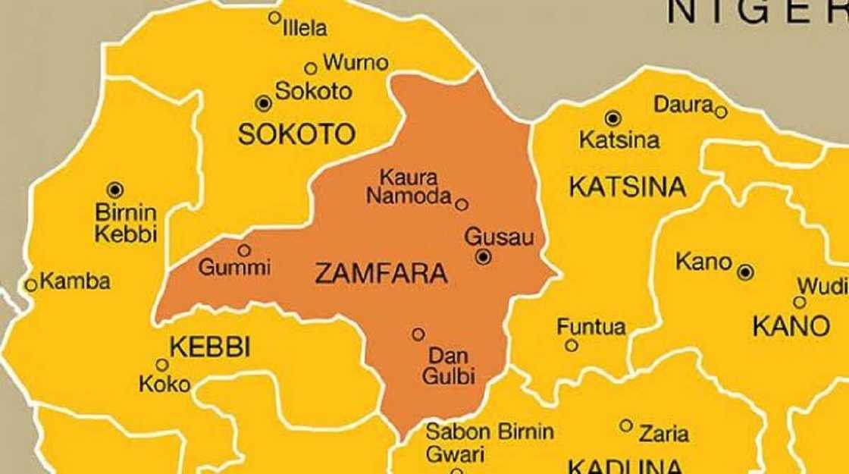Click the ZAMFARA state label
[381, 274]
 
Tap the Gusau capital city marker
[484, 258]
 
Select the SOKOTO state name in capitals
[296, 135]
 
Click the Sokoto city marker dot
[263, 102]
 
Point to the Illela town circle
[275, 17]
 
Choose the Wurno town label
[356, 62]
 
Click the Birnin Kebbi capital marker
[114, 189]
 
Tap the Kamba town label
[75, 282]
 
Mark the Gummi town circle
[244, 250]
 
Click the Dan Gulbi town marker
[418, 334]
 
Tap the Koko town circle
[161, 365]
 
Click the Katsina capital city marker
[613, 118]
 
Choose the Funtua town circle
[572, 346]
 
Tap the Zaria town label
[664, 434]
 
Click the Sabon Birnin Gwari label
[489, 443]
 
